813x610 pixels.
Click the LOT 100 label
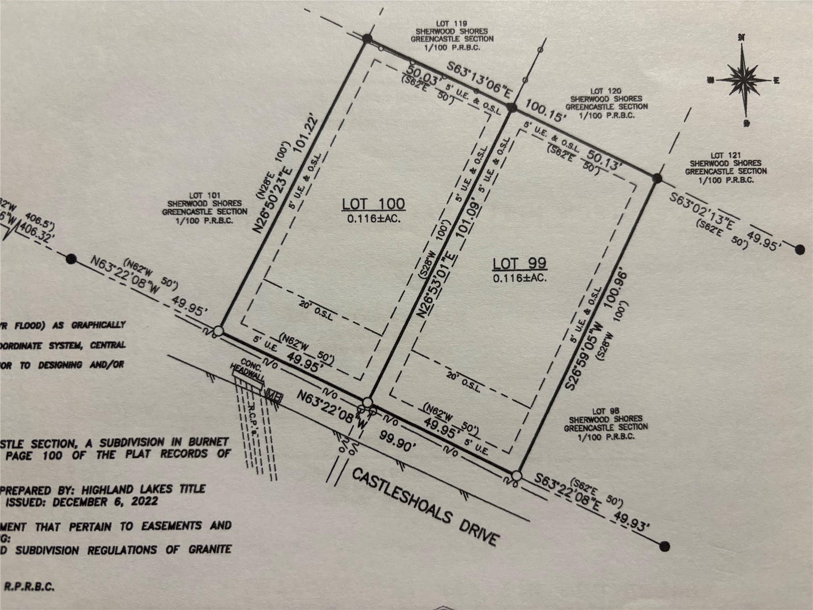[374, 204]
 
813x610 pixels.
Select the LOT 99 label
[519, 263]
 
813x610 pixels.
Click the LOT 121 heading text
[725, 156]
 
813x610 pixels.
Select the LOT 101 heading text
[204, 196]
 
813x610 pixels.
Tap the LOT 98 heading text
[605, 411]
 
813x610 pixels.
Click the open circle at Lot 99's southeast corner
[516, 475]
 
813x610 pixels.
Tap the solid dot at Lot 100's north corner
[367, 39]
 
